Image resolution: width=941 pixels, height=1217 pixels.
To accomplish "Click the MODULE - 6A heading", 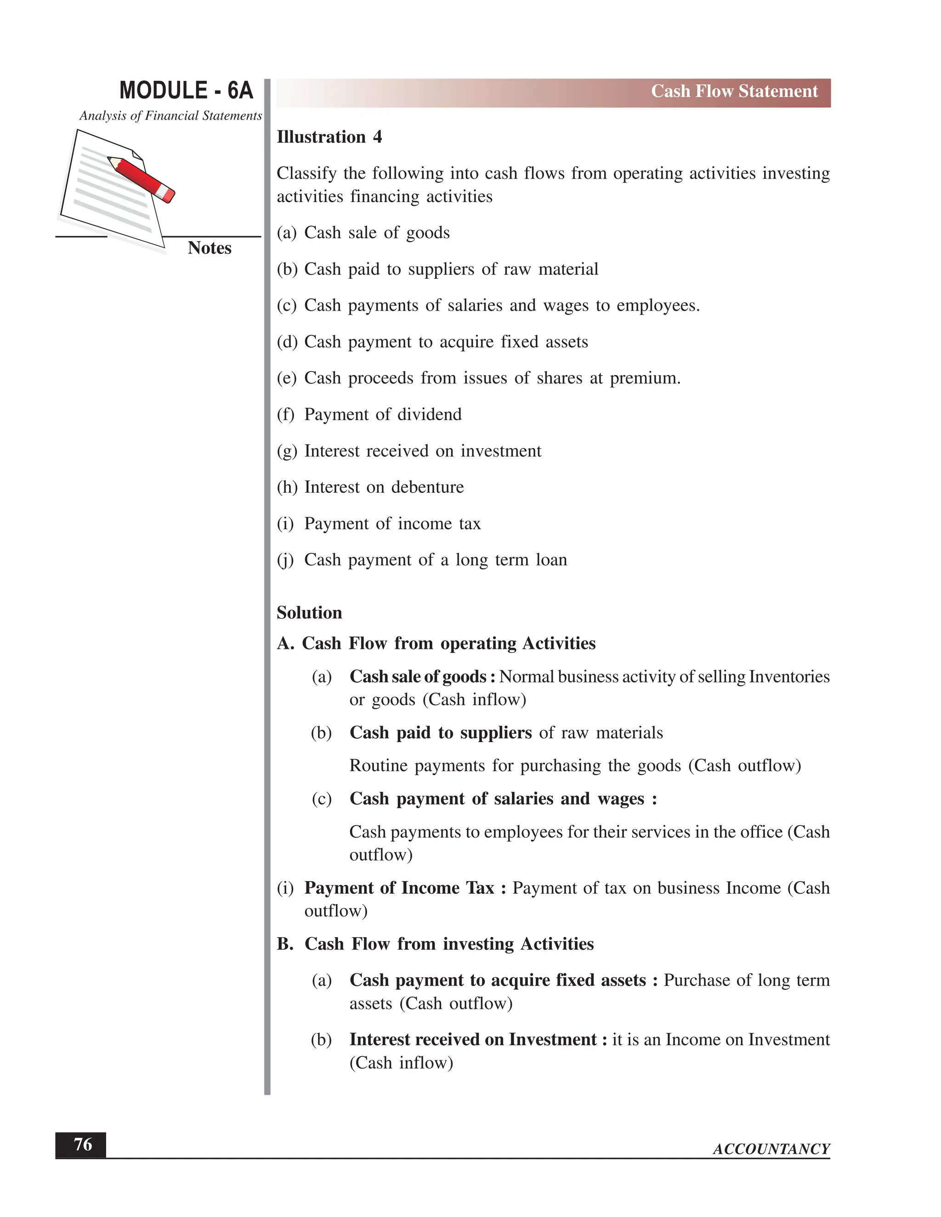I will point(186,91).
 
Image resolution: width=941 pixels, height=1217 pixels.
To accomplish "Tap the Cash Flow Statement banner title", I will point(734,91).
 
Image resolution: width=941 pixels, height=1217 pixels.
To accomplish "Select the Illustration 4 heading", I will point(329,137).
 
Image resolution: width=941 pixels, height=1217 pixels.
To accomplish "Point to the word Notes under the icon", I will point(209,248).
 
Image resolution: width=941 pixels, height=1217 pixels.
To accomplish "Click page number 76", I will point(83,1144).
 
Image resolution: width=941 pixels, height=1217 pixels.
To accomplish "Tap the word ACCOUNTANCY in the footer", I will point(771,1149).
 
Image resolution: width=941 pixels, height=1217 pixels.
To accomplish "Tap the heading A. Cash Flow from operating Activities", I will point(436,643).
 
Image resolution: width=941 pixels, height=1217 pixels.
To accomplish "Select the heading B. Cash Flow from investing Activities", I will point(435,944).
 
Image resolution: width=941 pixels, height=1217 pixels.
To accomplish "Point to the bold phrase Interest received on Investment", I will point(473,1040).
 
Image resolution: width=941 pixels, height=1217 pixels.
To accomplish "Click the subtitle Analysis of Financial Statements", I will point(170,116).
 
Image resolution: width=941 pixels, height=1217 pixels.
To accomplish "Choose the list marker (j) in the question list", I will point(285,560).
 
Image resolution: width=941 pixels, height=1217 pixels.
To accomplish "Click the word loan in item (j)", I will point(551,560).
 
